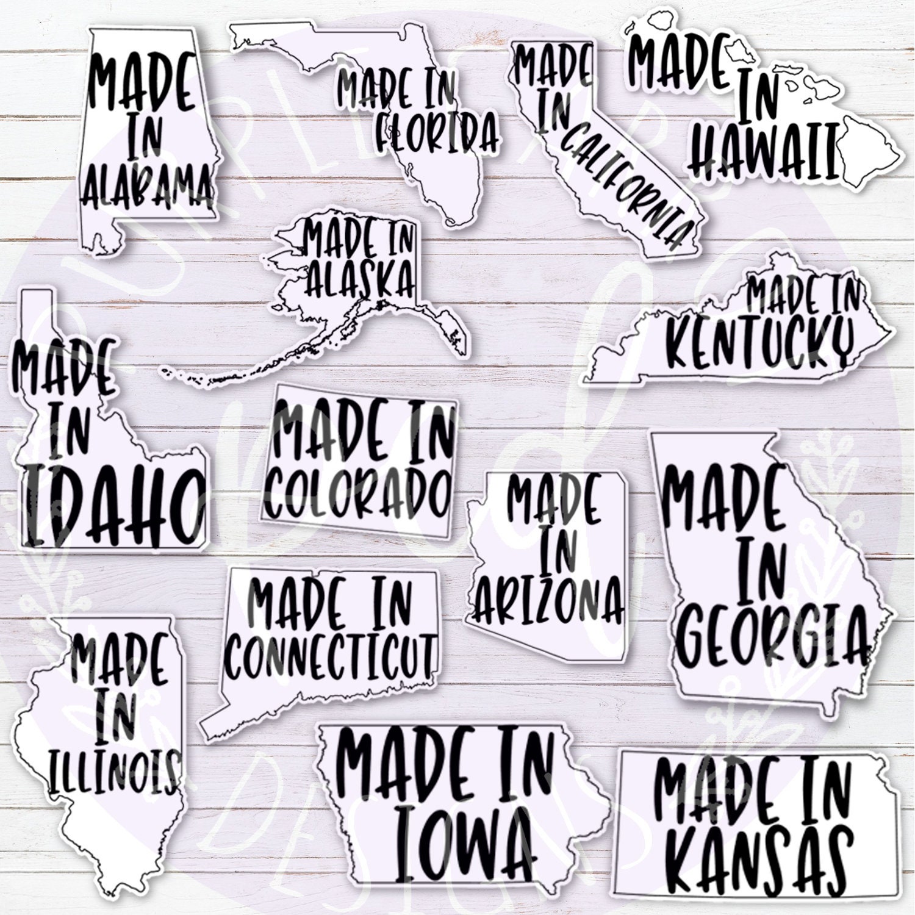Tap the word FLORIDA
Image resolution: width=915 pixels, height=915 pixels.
[437, 135]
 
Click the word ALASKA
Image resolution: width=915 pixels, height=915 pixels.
[360, 278]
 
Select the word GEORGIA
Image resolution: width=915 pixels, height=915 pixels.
[772, 637]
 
